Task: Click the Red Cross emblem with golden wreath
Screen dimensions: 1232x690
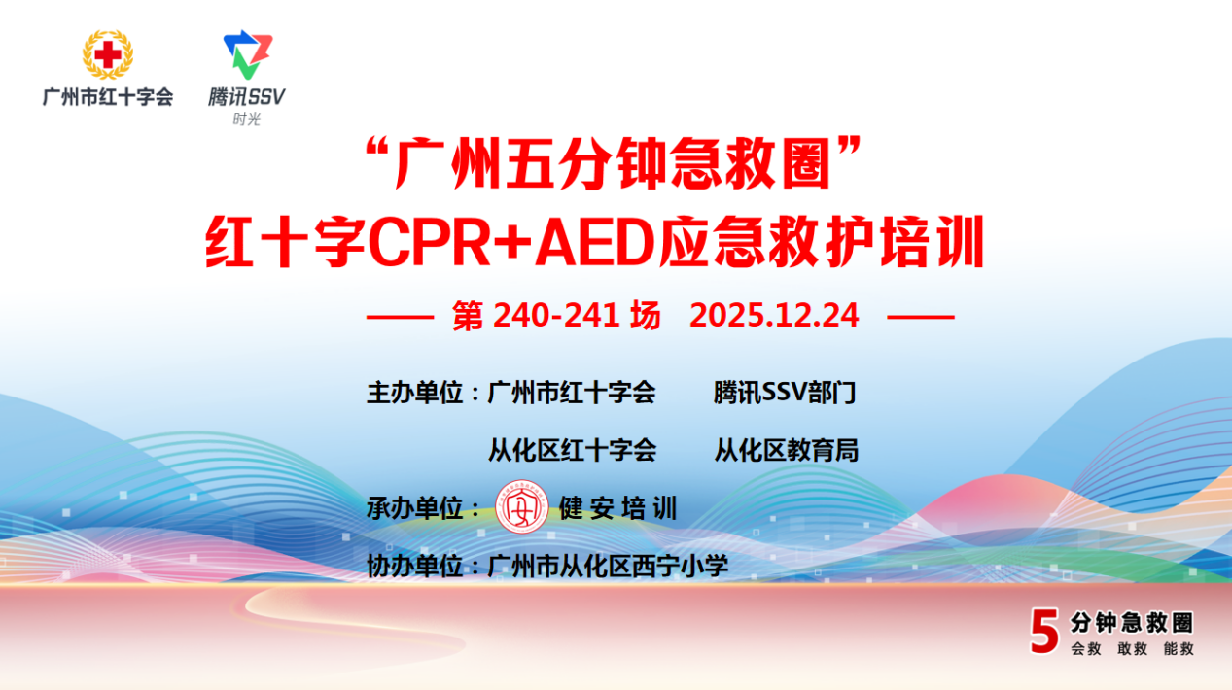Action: pyautogui.click(x=108, y=54)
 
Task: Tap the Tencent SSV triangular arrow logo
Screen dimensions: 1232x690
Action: pyautogui.click(x=248, y=54)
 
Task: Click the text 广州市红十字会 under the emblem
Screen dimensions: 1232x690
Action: pyautogui.click(x=108, y=97)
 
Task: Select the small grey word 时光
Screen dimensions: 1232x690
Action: pyautogui.click(x=246, y=119)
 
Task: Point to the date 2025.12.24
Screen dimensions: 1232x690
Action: pyautogui.click(x=774, y=316)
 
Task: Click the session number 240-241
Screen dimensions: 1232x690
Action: pyautogui.click(x=556, y=316)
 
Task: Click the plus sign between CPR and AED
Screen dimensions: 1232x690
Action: pyautogui.click(x=513, y=243)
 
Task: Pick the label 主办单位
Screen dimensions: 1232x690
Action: pyautogui.click(x=414, y=394)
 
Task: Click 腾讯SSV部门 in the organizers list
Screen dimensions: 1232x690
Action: pyautogui.click(x=785, y=394)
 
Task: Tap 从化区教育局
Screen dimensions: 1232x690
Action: pyautogui.click(x=786, y=451)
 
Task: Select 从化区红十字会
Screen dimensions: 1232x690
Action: pyautogui.click(x=573, y=451)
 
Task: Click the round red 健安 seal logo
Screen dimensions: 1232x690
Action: pyautogui.click(x=521, y=507)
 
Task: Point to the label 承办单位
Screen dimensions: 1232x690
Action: pyautogui.click(x=414, y=508)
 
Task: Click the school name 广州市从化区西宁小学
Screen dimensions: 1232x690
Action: pyautogui.click(x=608, y=567)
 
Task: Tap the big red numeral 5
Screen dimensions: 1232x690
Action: pyautogui.click(x=1044, y=631)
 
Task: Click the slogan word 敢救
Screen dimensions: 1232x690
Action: pyautogui.click(x=1133, y=649)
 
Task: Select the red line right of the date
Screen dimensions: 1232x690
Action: pyautogui.click(x=921, y=317)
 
